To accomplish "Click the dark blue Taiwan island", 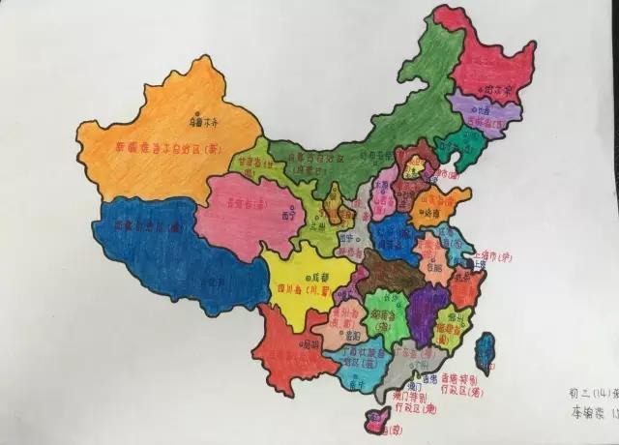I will [485, 352].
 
